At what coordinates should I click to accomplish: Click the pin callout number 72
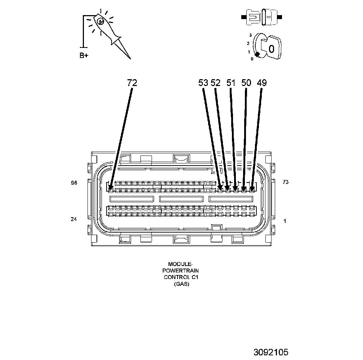(132, 83)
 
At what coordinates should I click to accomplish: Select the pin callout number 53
(203, 83)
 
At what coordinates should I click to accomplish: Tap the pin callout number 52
(215, 83)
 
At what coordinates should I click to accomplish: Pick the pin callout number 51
(231, 83)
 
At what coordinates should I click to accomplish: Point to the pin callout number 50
(246, 83)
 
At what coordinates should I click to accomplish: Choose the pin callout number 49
(262, 83)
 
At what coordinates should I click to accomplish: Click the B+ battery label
(84, 55)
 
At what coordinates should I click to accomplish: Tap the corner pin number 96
(74, 183)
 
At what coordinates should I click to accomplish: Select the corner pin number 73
(285, 183)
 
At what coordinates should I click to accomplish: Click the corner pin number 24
(74, 219)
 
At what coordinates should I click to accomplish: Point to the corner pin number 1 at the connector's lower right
(285, 221)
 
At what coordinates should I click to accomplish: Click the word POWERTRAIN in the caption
(181, 270)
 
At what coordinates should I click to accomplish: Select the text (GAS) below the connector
(181, 284)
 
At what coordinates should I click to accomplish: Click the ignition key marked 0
(272, 48)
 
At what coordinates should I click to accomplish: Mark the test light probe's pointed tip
(130, 58)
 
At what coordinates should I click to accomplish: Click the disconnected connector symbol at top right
(261, 17)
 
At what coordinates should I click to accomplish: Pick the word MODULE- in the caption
(181, 264)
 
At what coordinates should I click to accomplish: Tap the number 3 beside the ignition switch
(250, 35)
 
